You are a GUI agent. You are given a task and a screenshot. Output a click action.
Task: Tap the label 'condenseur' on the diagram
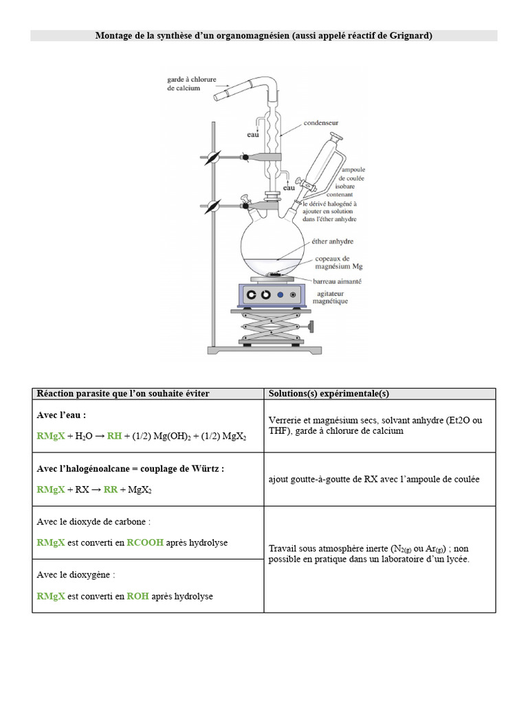pyautogui.click(x=322, y=123)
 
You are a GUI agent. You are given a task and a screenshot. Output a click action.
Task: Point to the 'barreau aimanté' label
pyautogui.click(x=335, y=281)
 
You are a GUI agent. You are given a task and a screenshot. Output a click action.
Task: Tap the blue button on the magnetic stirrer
pyautogui.click(x=280, y=295)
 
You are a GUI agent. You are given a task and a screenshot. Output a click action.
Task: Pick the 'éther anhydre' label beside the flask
pyautogui.click(x=331, y=241)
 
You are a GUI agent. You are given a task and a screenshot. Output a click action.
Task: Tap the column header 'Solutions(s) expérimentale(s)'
pyautogui.click(x=329, y=393)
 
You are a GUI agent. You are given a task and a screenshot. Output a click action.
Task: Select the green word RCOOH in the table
pyautogui.click(x=145, y=542)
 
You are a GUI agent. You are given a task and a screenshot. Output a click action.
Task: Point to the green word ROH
pyautogui.click(x=137, y=596)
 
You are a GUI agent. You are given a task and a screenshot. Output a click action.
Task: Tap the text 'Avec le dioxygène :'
pyautogui.click(x=76, y=574)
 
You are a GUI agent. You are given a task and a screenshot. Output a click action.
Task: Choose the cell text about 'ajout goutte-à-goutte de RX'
pyautogui.click(x=374, y=479)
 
